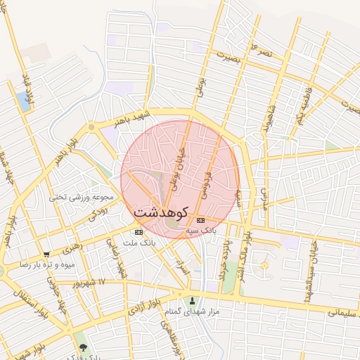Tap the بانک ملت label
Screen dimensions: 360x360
(138, 243)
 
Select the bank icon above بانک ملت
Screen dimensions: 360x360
(139, 232)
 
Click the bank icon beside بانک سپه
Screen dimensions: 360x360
(202, 220)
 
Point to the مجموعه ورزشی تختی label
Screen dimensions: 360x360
(77, 197)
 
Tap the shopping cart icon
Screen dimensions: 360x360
(46, 255)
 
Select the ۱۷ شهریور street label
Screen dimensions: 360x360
(91, 282)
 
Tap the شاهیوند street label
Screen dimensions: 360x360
(266, 120)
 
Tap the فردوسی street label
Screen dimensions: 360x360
(209, 180)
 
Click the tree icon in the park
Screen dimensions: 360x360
(84, 348)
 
